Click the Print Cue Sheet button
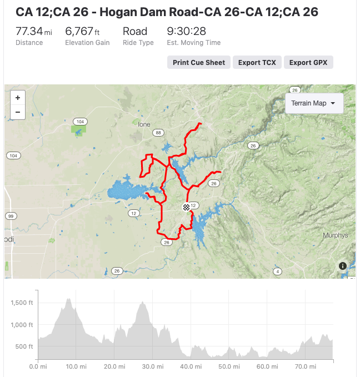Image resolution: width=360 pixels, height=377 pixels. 199,62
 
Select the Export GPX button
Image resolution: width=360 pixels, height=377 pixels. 308,62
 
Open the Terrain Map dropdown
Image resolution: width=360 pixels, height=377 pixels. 314,103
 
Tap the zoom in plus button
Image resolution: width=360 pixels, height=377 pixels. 18,98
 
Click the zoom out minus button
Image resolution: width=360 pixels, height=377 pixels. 18,112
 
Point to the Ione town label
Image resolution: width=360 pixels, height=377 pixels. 144,124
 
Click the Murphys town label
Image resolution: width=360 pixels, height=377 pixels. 335,235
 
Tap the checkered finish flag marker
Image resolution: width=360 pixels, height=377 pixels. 186,207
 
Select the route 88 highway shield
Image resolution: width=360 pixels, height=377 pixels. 159,133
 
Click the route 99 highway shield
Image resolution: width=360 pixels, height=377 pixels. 10,215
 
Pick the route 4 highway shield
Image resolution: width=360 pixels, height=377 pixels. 277,271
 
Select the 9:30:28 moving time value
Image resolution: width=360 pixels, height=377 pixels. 186,31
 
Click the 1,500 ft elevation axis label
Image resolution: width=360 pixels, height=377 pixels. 23,303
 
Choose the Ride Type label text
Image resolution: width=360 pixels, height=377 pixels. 138,43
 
